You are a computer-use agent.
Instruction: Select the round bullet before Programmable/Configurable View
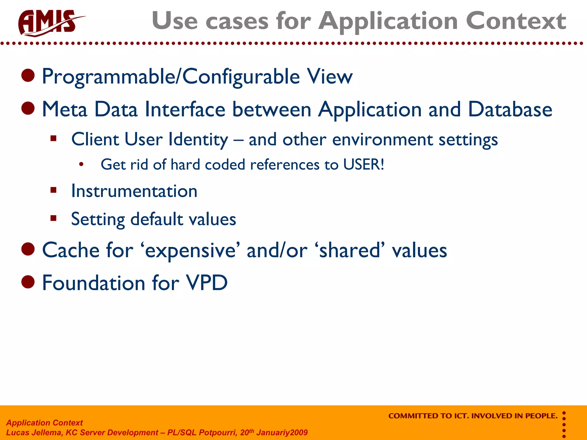(28, 76)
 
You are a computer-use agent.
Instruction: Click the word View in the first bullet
(330, 76)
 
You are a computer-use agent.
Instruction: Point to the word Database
(510, 109)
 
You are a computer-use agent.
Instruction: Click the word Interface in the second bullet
(185, 109)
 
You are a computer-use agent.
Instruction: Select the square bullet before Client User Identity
(53, 139)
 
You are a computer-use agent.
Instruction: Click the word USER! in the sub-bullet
(363, 165)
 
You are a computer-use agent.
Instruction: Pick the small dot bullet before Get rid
(81, 164)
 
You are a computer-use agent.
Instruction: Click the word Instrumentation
(134, 191)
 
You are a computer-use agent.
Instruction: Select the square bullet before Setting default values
(53, 218)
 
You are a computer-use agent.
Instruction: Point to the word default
(157, 219)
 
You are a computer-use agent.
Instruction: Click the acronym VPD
(207, 283)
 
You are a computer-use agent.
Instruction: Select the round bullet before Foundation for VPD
(28, 282)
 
